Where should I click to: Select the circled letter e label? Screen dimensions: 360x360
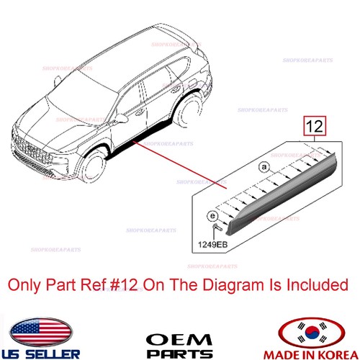(x=212, y=215)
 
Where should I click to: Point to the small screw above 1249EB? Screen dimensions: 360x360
(x=215, y=228)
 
